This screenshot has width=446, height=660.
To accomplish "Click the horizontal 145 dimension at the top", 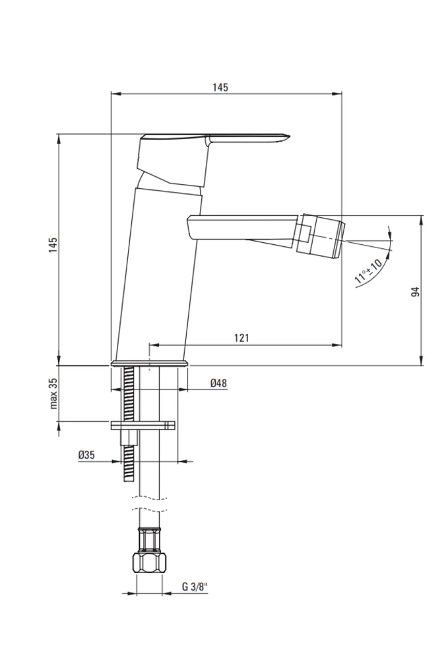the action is [x=220, y=87].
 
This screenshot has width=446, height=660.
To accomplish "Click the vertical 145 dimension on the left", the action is [x=53, y=245].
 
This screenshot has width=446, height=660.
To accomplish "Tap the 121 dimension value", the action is [x=241, y=337].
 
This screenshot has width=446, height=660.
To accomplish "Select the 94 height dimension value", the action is [x=415, y=292].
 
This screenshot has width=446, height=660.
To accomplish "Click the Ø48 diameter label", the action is [x=219, y=383].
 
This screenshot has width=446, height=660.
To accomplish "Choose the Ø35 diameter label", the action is [x=86, y=455].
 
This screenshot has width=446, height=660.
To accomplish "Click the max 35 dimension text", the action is [x=53, y=393].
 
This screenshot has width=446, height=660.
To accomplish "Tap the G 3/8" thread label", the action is [x=195, y=587].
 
